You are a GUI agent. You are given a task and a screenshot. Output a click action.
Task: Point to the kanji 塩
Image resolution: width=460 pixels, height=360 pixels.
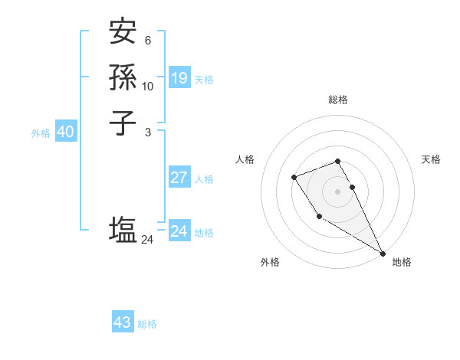(123, 230)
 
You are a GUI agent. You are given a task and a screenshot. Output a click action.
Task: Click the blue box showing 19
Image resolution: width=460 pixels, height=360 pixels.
(179, 77)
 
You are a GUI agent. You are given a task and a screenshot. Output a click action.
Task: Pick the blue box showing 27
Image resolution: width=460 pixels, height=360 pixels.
(179, 178)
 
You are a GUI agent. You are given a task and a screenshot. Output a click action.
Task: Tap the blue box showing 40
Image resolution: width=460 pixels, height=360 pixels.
(65, 132)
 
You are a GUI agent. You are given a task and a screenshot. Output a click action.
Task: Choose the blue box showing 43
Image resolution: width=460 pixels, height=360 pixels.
(122, 322)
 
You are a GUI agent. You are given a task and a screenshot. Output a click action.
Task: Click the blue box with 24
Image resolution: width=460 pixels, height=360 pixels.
(179, 231)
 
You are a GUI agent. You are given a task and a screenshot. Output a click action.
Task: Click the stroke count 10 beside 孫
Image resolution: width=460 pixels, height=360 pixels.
(148, 87)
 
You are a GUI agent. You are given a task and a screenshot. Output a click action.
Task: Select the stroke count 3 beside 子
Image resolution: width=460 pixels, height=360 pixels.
(147, 132)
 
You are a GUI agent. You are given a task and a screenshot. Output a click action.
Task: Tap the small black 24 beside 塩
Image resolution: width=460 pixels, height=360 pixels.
(148, 240)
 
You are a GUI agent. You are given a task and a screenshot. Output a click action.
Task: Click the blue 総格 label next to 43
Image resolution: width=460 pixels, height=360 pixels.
(147, 324)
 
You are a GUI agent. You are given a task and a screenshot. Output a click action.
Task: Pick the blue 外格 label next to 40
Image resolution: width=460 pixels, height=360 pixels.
(41, 133)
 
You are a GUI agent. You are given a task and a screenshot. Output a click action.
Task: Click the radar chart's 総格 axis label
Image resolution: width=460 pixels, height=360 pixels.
(337, 100)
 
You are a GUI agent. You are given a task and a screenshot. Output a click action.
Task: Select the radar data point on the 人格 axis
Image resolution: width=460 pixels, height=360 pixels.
(294, 178)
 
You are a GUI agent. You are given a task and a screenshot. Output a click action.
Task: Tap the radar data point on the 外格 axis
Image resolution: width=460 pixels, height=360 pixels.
(319, 217)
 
